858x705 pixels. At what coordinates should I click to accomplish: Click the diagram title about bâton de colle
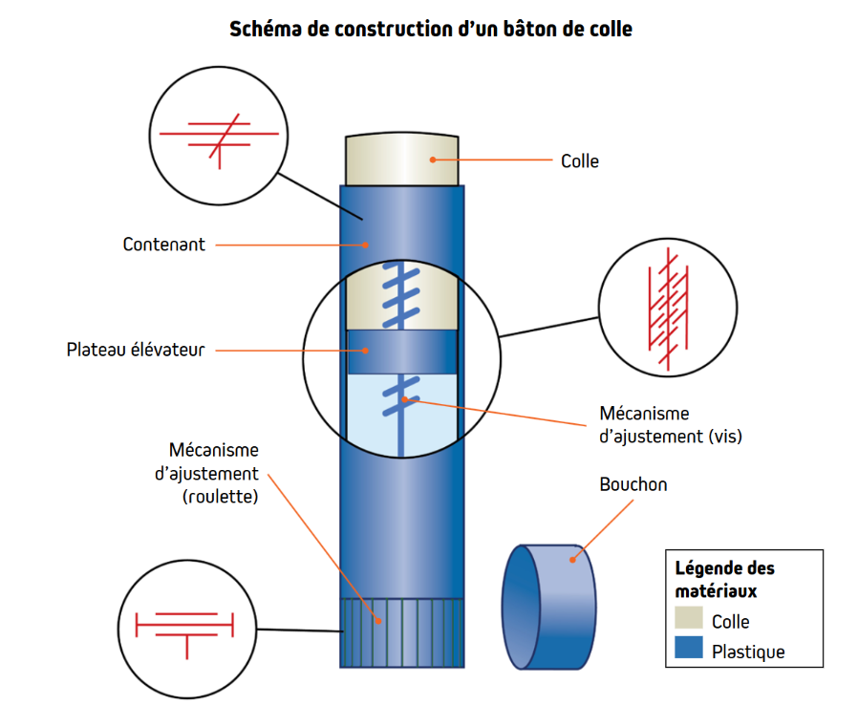coord(431,29)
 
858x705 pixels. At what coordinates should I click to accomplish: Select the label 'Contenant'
coord(163,245)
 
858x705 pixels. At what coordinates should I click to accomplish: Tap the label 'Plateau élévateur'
coord(136,350)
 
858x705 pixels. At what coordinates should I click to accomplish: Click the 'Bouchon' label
coord(633,484)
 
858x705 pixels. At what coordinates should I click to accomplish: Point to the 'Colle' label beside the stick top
coord(580,160)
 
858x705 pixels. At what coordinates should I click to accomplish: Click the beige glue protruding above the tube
coord(402,159)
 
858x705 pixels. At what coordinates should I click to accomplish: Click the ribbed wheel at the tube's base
coord(402,631)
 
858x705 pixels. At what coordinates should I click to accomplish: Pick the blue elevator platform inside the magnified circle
coord(402,352)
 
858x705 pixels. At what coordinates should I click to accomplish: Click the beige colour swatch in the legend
coord(688,618)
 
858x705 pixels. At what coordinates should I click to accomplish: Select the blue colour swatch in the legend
coord(688,651)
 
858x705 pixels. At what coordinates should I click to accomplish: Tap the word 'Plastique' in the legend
coord(748,652)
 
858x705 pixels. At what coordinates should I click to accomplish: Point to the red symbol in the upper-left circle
coord(219,137)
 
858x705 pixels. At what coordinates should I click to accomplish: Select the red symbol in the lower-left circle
coord(185,627)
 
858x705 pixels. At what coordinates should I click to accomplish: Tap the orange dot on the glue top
coord(432,160)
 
